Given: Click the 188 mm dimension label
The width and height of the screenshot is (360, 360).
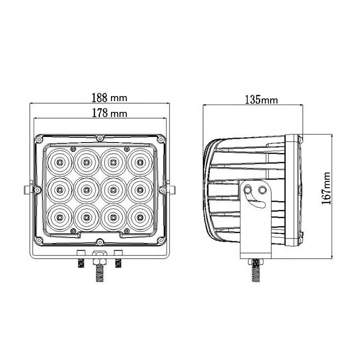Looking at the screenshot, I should (109, 97).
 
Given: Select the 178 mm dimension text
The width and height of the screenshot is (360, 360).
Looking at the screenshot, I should (109, 113).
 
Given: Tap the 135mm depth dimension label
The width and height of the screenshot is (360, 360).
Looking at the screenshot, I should (262, 100).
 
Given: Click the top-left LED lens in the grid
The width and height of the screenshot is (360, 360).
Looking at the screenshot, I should (59, 162).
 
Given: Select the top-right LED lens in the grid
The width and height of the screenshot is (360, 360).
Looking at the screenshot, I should (139, 162).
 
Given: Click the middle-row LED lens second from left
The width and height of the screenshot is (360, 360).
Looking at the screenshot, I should (85, 190).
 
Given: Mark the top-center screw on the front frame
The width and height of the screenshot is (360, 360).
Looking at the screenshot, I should (99, 138).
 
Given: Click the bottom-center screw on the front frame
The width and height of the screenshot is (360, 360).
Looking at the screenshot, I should (99, 241).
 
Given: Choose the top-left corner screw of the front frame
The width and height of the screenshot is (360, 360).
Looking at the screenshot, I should (37, 139).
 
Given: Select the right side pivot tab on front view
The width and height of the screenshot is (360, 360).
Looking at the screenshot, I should (168, 189).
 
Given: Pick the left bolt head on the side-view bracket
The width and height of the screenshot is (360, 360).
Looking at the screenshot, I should (249, 190).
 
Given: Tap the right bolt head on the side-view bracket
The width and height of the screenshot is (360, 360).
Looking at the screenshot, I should (262, 190).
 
